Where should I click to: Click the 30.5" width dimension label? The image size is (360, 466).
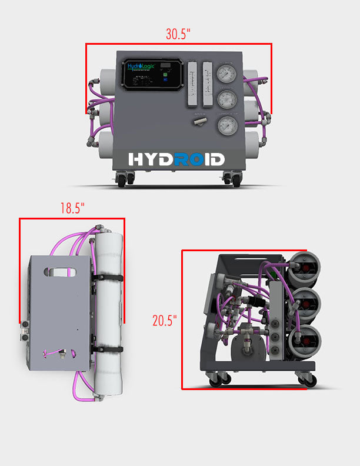click(x=178, y=34)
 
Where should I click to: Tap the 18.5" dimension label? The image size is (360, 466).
click(x=72, y=208)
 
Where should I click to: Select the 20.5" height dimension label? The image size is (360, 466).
click(x=165, y=321)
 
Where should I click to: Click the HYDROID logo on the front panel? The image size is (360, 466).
click(x=176, y=159)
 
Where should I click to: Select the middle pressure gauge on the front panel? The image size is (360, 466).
click(x=225, y=99)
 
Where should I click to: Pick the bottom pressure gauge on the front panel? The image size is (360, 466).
click(x=225, y=125)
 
